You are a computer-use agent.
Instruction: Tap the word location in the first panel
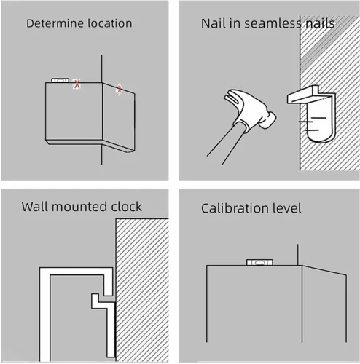pyautogui.click(x=110, y=23)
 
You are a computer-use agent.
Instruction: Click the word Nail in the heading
pyautogui.click(x=213, y=23)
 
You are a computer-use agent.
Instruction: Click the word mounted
pyautogui.click(x=79, y=207)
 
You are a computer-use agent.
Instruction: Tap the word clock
pyautogui.click(x=126, y=207)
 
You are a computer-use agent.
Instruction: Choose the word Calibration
pyautogui.click(x=234, y=208)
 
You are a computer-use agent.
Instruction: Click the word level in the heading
pyautogui.click(x=286, y=208)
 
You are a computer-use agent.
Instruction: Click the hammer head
pyautogui.click(x=250, y=109)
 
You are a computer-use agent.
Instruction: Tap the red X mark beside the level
pyautogui.click(x=77, y=84)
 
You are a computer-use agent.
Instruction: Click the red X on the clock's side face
pyautogui.click(x=120, y=89)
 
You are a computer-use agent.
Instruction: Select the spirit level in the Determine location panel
pyautogui.click(x=60, y=80)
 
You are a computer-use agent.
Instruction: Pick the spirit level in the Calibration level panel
pyautogui.click(x=259, y=262)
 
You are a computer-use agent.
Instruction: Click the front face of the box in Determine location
pyautogui.click(x=74, y=111)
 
